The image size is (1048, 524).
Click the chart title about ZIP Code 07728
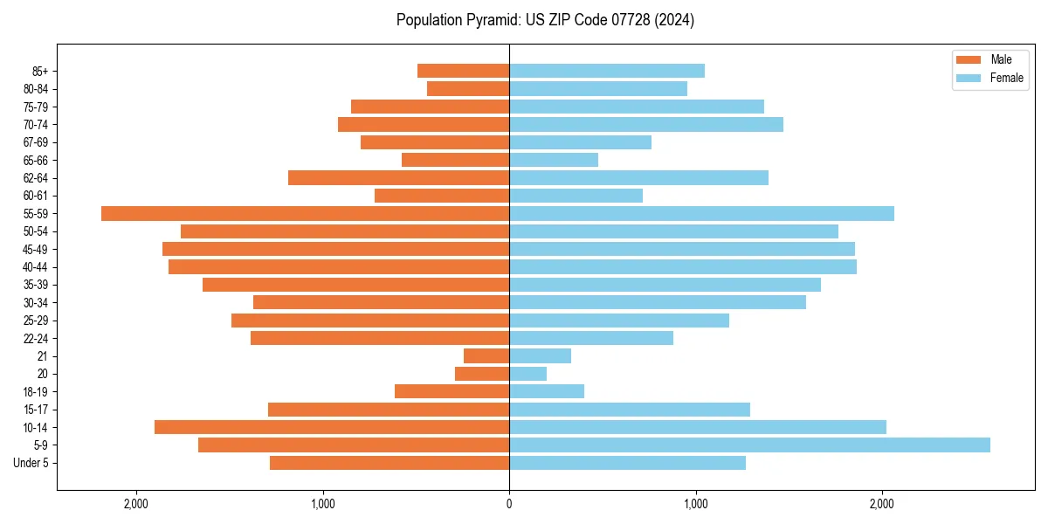coord(545,20)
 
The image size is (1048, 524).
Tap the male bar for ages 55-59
coord(305,214)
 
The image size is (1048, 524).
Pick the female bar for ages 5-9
coord(749,445)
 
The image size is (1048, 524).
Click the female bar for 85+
coord(607,71)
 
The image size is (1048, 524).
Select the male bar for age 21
coord(486,356)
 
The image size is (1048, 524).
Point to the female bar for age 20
coord(528,374)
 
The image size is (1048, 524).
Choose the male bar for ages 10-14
coord(332,427)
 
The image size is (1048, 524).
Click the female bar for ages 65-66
coord(554,160)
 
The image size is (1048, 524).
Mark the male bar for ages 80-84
coord(468,89)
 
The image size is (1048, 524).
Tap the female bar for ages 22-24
coord(591,338)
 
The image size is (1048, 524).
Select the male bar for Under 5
coord(390,463)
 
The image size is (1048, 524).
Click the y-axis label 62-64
coord(36,178)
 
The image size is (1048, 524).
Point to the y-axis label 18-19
coord(36,392)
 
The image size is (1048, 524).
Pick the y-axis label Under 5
coord(31,463)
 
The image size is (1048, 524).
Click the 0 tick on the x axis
coord(509,504)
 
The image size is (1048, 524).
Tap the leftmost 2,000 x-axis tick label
coord(136,504)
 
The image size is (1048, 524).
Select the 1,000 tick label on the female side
coord(696,504)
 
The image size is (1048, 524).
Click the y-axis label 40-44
coord(36,267)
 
